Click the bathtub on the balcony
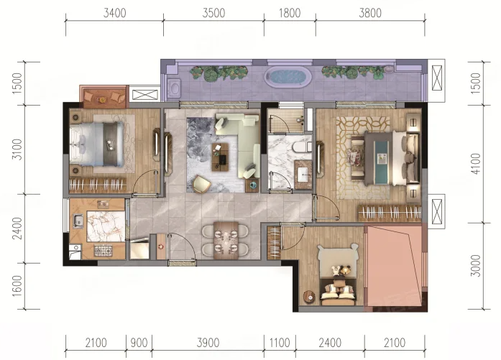click(x=288, y=77)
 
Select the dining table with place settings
click(x=226, y=241)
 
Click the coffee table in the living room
click(x=220, y=157)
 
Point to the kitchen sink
click(x=78, y=221)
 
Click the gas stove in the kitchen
click(x=104, y=250)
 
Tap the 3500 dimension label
click(x=213, y=13)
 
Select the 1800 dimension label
click(x=290, y=13)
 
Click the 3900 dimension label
click(x=208, y=343)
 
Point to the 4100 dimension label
click(x=476, y=164)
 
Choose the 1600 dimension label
click(x=17, y=286)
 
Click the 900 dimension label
click(x=139, y=343)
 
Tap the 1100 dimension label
click(x=280, y=343)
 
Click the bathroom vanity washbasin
click(x=303, y=175)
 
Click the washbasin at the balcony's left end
click(x=174, y=87)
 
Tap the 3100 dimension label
click(x=17, y=149)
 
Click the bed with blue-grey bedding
click(x=97, y=144)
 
